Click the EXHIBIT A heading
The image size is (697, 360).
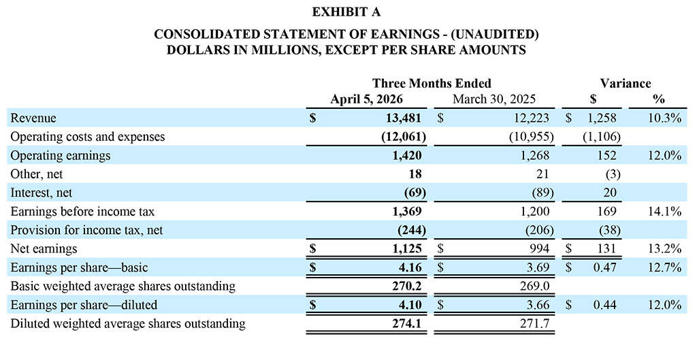click(x=348, y=12)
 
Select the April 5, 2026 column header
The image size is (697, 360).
click(x=368, y=99)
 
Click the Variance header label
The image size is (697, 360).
click(x=625, y=83)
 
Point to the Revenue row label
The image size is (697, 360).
click(x=33, y=118)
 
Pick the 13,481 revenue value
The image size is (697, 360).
click(x=404, y=118)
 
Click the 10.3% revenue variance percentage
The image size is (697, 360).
click(x=664, y=118)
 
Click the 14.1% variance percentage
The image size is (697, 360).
click(x=664, y=212)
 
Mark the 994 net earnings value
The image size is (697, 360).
click(x=538, y=249)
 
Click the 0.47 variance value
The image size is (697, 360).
click(x=604, y=267)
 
